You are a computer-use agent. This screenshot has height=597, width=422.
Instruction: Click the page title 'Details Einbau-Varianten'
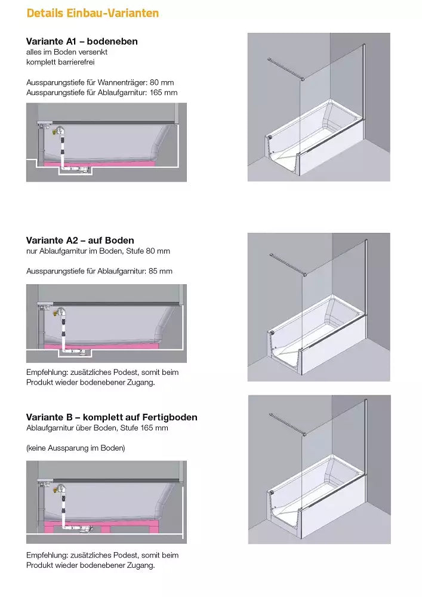click(93, 13)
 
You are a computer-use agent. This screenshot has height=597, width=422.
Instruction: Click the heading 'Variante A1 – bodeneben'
click(82, 41)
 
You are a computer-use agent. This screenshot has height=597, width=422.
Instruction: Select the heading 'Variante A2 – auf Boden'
click(80, 241)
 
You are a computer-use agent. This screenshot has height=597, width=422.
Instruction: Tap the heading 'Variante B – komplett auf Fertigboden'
click(112, 417)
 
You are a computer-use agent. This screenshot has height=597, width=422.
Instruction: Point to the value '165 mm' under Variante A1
click(164, 93)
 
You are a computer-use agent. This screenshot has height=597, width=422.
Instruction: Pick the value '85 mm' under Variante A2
click(161, 271)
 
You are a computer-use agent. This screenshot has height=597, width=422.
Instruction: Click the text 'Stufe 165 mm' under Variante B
click(147, 428)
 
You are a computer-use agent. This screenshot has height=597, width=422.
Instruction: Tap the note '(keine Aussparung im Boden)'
click(75, 448)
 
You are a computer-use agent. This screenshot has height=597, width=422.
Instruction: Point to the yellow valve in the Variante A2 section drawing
click(58, 310)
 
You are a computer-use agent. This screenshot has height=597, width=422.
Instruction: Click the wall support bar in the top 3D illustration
click(287, 68)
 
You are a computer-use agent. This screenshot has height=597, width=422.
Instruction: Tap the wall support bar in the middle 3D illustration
click(288, 265)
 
